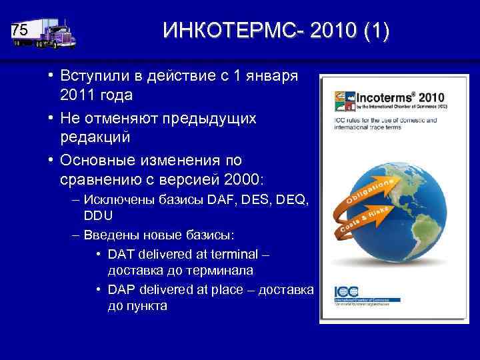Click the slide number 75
tap(21, 31)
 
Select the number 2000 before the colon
tap(245, 181)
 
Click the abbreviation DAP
tap(121, 291)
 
